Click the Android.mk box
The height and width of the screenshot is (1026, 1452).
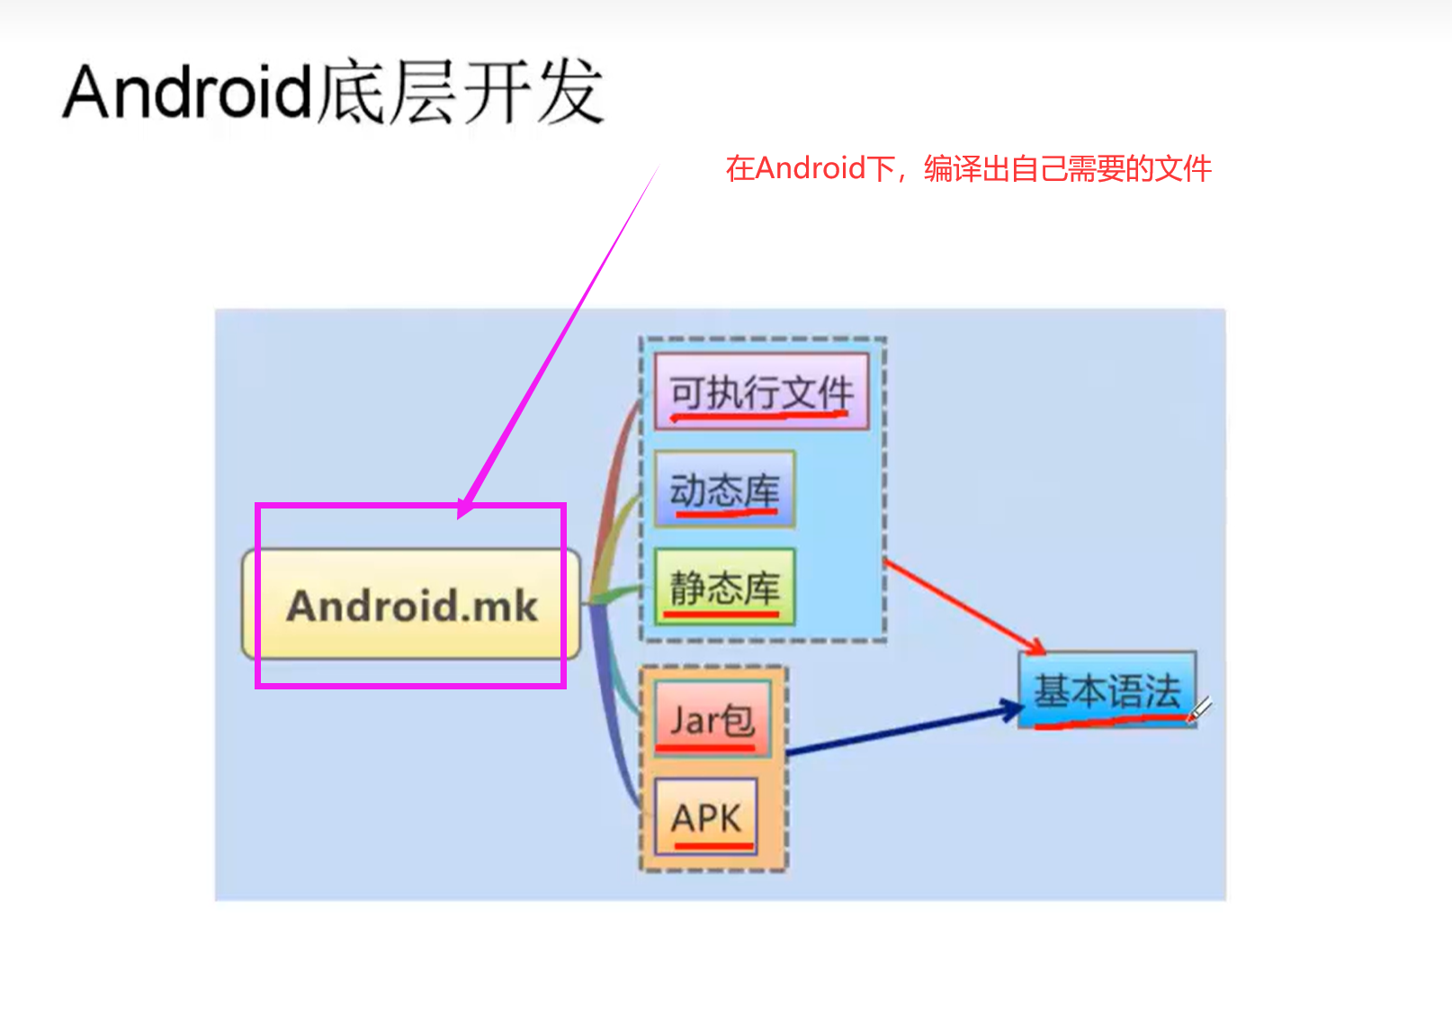pyautogui.click(x=411, y=605)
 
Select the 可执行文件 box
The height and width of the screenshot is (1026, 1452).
pyautogui.click(x=761, y=391)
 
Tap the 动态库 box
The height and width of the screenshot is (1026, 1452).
pyautogui.click(x=724, y=489)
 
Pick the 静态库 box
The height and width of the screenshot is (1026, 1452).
pyautogui.click(x=724, y=586)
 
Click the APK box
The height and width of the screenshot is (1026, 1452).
pyautogui.click(x=706, y=817)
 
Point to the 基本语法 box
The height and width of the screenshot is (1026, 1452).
pyautogui.click(x=1107, y=690)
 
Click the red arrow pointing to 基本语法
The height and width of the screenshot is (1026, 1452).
pyautogui.click(x=963, y=606)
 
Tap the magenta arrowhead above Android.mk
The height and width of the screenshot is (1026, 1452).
pyautogui.click(x=465, y=508)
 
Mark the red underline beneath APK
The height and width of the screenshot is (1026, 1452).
pyautogui.click(x=713, y=846)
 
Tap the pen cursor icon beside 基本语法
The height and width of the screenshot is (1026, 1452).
pyautogui.click(x=1200, y=709)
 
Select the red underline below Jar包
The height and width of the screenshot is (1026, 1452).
pyautogui.click(x=705, y=748)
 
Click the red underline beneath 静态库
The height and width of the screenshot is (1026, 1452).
pyautogui.click(x=721, y=615)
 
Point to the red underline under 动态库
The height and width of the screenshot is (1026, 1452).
pyautogui.click(x=725, y=513)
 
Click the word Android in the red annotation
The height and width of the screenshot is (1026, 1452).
pyautogui.click(x=811, y=168)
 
